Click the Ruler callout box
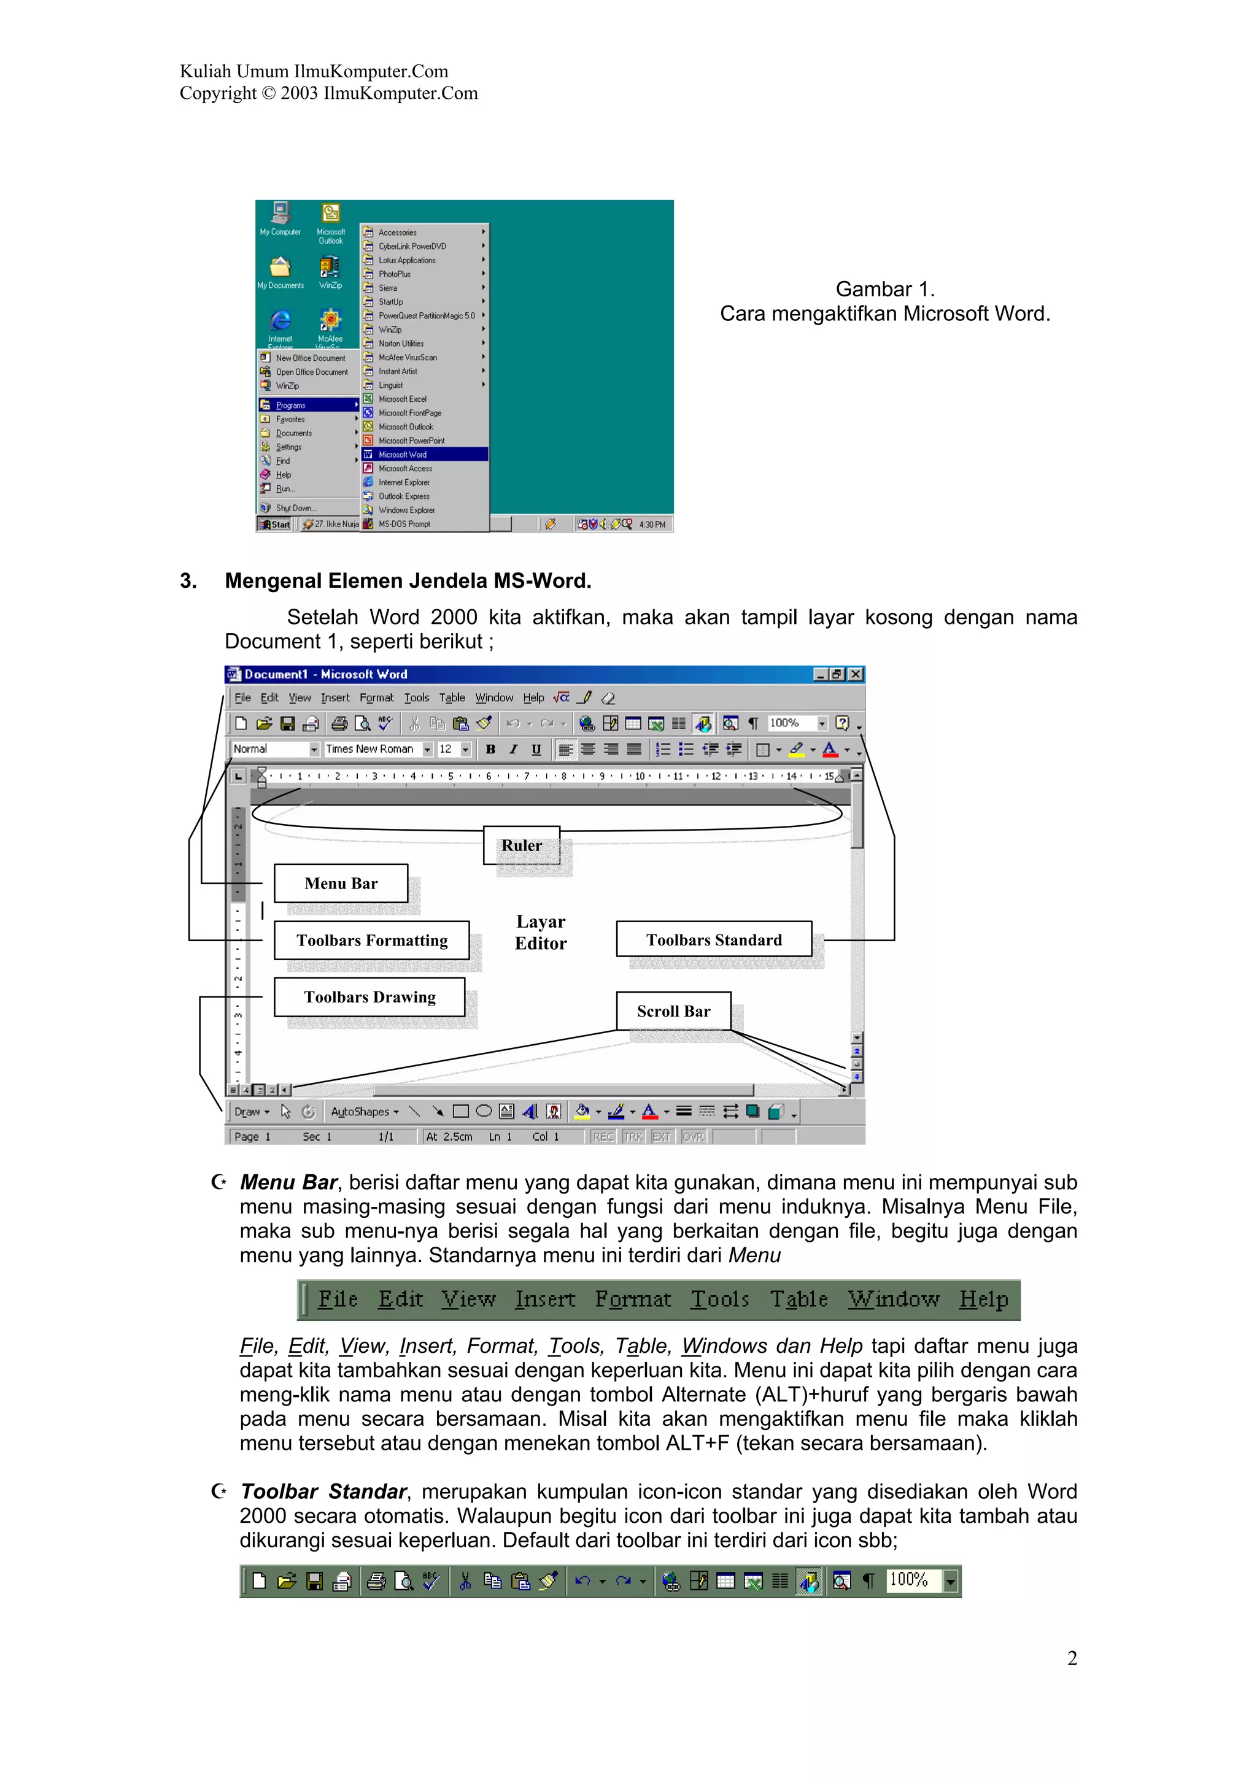pyautogui.click(x=521, y=845)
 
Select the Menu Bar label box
pyautogui.click(x=341, y=883)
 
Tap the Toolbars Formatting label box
pyautogui.click(x=372, y=940)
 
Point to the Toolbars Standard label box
pyautogui.click(x=713, y=939)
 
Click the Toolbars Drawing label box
pyautogui.click(x=369, y=996)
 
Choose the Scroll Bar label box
pyautogui.click(x=673, y=1010)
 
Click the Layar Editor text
pyautogui.click(x=541, y=933)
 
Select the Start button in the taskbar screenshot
pyautogui.click(x=275, y=525)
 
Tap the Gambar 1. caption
pyautogui.click(x=884, y=290)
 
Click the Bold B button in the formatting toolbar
pyautogui.click(x=490, y=749)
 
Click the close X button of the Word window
pyautogui.click(x=855, y=674)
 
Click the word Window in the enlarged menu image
pyautogui.click(x=893, y=1299)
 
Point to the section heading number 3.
pyautogui.click(x=188, y=581)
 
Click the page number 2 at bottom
pyautogui.click(x=1072, y=1658)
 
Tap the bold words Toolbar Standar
pyautogui.click(x=323, y=1491)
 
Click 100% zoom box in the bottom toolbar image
pyautogui.click(x=909, y=1580)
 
